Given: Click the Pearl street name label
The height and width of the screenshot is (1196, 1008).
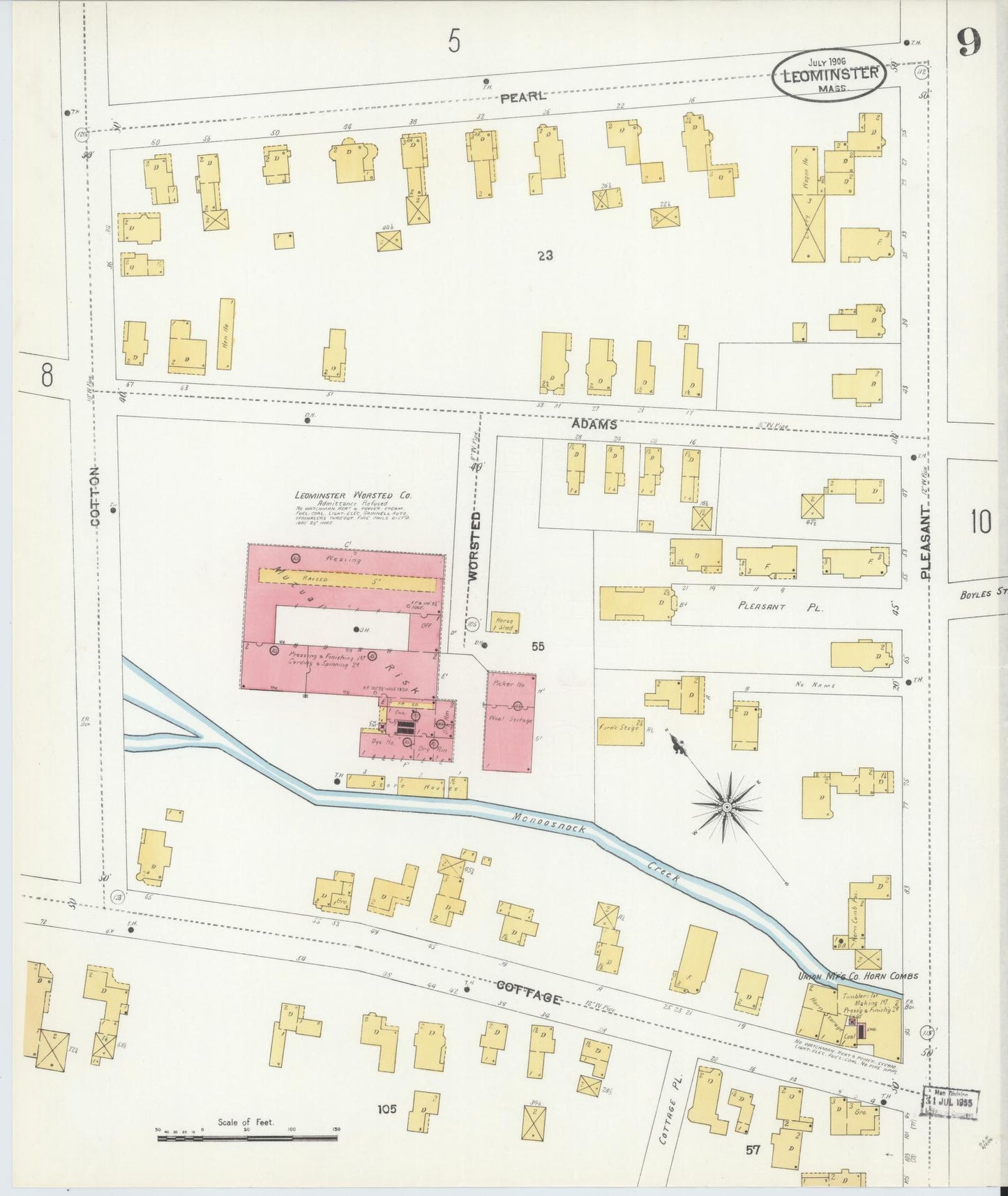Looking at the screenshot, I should (523, 97).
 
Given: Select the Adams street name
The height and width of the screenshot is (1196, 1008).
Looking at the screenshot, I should (594, 424).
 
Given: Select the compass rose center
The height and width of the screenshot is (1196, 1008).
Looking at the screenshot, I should (727, 807).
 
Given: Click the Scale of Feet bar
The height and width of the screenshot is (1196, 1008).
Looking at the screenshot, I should (247, 1138).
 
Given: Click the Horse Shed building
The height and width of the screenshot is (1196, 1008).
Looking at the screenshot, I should (504, 623).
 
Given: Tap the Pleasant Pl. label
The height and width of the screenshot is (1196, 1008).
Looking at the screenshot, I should (781, 606).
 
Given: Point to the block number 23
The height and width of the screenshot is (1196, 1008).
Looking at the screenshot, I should (545, 255).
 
